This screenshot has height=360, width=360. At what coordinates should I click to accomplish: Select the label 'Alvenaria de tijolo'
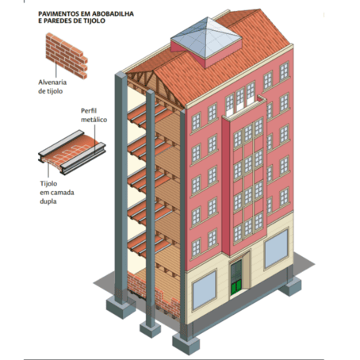pos(52,86)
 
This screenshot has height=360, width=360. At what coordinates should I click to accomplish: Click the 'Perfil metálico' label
pos(94,115)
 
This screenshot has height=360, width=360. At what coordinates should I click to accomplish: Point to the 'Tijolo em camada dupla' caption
pos(57,193)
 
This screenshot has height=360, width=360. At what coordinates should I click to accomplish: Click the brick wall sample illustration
pos(67,56)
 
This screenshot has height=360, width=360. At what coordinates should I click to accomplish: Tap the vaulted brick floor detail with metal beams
pos(72,152)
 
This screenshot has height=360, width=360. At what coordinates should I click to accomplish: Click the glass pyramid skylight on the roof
pos(206,38)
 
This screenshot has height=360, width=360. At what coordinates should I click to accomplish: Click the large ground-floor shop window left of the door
pos(204,290)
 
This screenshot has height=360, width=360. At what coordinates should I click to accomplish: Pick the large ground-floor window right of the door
pos(276,249)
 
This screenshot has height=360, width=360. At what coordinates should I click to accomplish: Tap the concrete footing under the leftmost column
pos(121,307)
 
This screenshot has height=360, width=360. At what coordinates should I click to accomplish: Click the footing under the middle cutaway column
pos(150,329)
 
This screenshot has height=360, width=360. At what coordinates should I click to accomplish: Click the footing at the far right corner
pos(289,286)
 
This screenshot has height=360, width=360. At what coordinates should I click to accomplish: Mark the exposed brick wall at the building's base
pos(153,293)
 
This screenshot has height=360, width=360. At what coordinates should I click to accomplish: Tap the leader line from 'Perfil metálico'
pos(95,139)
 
